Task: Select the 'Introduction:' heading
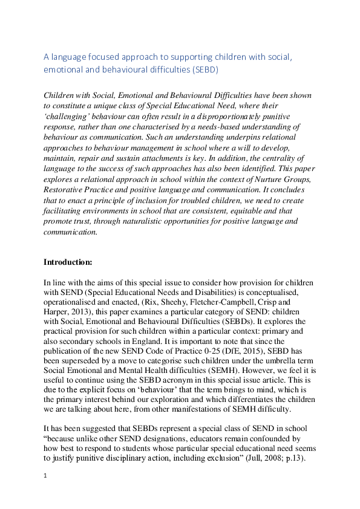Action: (68, 262)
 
